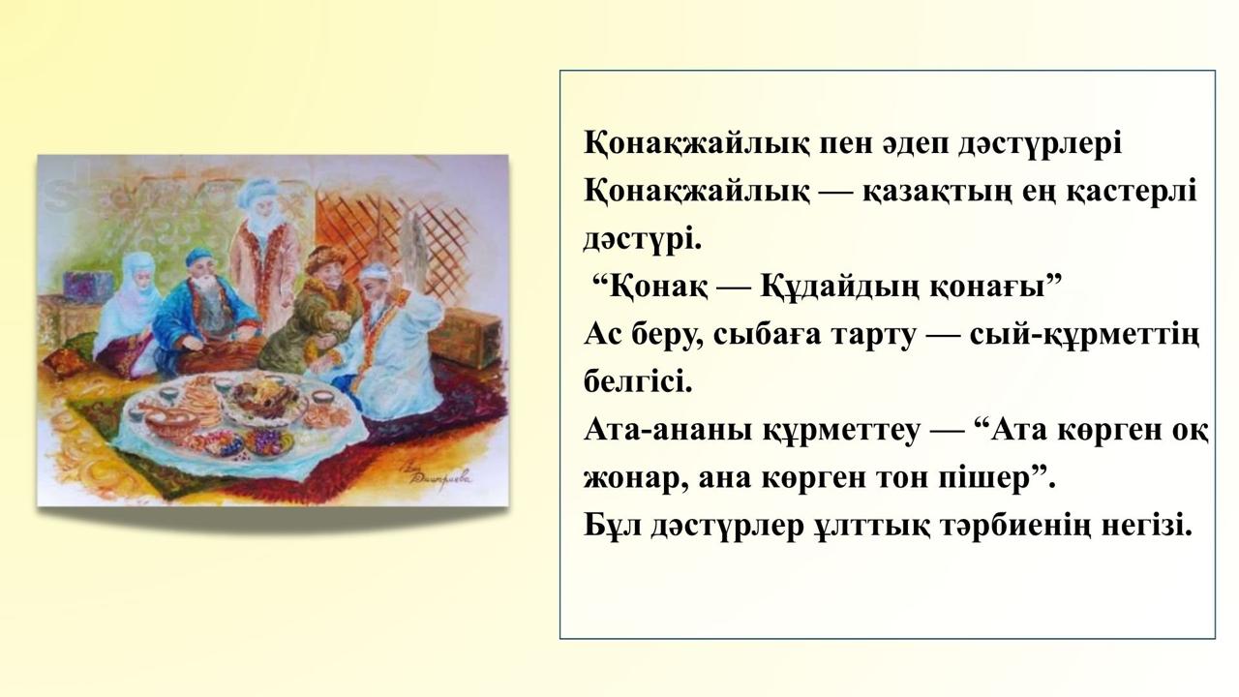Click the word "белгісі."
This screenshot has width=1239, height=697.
coord(638,381)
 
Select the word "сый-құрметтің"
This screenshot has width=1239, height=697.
coord(1085,336)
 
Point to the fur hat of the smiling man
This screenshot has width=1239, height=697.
coord(324,259)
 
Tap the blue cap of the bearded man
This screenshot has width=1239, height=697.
coord(199,257)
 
